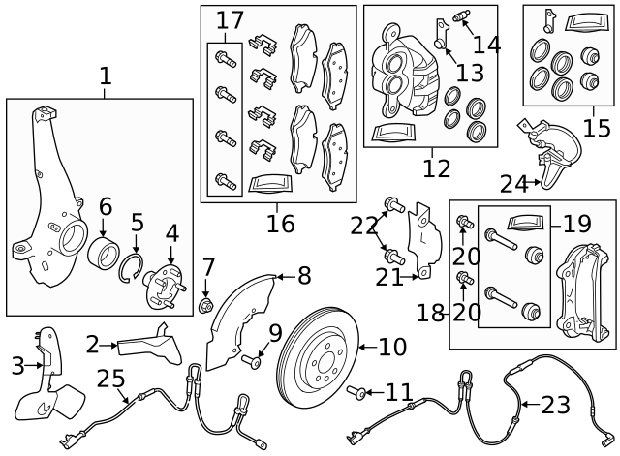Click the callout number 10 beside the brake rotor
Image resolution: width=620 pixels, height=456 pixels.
pos(392,346)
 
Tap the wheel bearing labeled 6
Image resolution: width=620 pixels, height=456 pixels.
pos(104,255)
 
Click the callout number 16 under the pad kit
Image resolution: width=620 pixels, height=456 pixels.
pos(281,225)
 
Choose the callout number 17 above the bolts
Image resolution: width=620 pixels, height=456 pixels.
pos(230,19)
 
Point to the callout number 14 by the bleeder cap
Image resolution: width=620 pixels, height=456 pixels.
pos(486,44)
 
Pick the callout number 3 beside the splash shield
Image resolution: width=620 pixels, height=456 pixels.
pos(16,365)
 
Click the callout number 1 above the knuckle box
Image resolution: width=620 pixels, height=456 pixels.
pos(105,75)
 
